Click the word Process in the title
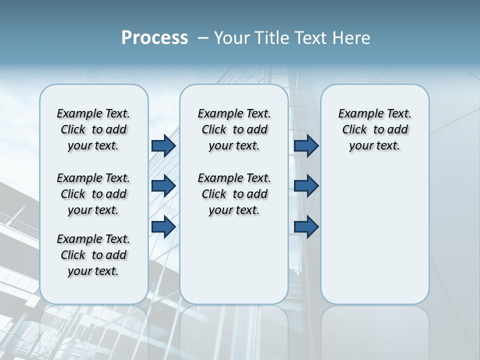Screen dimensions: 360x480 point(154,38)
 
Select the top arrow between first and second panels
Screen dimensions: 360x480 point(163,145)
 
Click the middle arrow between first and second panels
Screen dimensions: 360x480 point(163,186)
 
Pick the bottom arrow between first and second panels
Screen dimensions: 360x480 point(163,226)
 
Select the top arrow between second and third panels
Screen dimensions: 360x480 point(306,145)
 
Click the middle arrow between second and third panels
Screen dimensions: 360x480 point(306,186)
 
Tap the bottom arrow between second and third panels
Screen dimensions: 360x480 point(306,226)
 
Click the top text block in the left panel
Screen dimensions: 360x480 point(93,129)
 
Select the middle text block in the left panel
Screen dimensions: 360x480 point(93,194)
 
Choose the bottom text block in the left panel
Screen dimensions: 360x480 point(93,255)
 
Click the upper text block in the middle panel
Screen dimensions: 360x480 point(234,129)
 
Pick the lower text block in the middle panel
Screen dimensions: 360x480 point(234,194)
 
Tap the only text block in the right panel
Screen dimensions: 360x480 point(374,129)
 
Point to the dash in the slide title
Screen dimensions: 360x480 point(203,38)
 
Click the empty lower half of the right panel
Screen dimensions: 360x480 point(374,240)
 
